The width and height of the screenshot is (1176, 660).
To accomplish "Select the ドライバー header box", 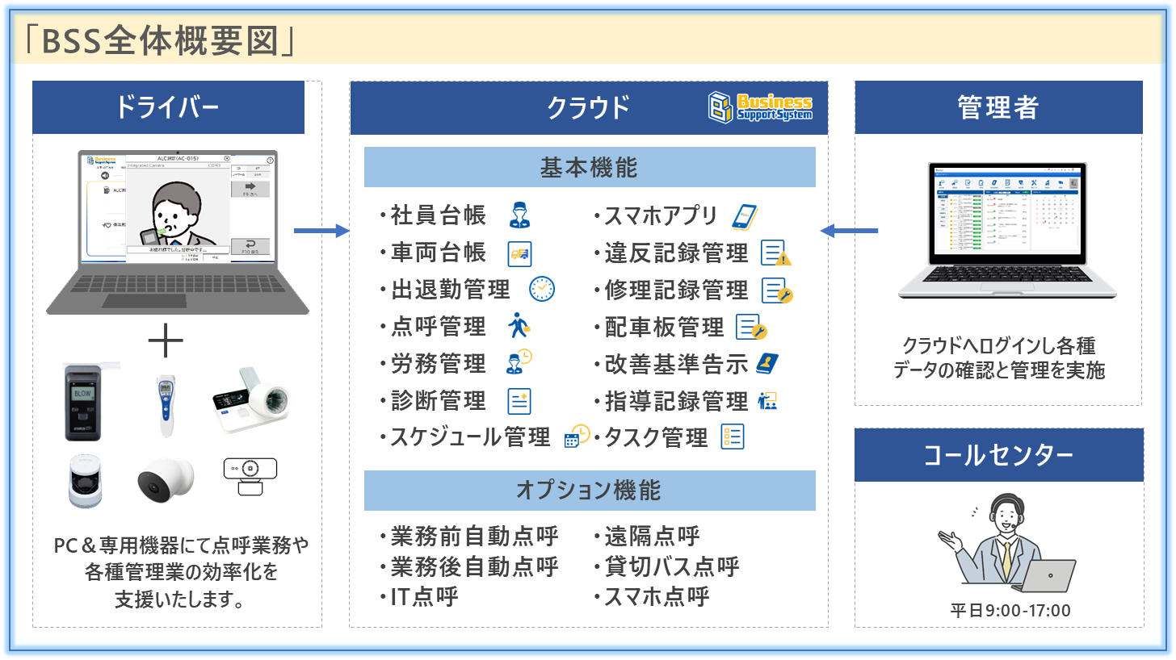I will pyautogui.click(x=168, y=107).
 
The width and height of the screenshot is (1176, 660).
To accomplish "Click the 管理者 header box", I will pyautogui.click(x=998, y=107).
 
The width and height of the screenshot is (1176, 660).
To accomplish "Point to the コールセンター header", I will pyautogui.click(x=998, y=456).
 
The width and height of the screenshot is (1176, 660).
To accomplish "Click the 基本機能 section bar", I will pyautogui.click(x=589, y=168).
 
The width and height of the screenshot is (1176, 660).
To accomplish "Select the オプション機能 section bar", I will pyautogui.click(x=589, y=491).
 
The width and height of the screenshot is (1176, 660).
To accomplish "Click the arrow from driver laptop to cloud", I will pyautogui.click(x=321, y=232).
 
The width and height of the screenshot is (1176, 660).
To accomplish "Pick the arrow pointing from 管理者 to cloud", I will pyautogui.click(x=849, y=232).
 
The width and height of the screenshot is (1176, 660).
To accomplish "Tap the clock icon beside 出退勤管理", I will pyautogui.click(x=541, y=289).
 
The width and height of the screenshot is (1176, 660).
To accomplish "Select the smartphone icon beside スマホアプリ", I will pyautogui.click(x=744, y=216).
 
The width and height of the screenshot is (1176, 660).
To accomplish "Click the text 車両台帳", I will pyautogui.click(x=439, y=253).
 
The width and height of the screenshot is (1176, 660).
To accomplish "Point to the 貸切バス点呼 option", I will pyautogui.click(x=672, y=566).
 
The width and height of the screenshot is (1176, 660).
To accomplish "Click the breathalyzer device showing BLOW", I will pyautogui.click(x=84, y=403).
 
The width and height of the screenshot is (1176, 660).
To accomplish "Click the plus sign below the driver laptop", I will pyautogui.click(x=166, y=343).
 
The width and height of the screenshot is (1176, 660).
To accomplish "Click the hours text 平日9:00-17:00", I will pyautogui.click(x=1010, y=610).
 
